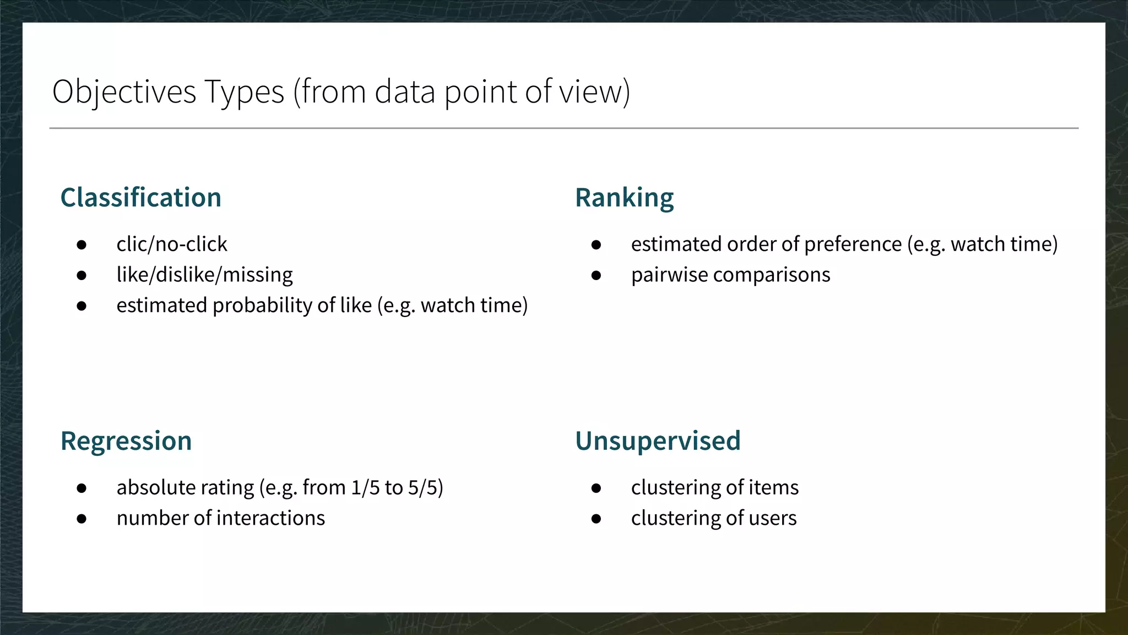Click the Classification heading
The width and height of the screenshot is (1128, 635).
140,197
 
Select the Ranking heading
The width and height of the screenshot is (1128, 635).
624,197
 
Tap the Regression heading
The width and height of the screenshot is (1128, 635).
126,441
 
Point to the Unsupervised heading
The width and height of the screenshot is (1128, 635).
658,441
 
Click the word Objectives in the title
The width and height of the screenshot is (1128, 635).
124,92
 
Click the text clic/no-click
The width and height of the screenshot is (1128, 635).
171,244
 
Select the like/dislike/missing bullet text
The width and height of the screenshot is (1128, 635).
204,275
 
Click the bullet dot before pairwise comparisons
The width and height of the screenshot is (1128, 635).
596,275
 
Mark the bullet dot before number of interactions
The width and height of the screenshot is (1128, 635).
82,519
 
